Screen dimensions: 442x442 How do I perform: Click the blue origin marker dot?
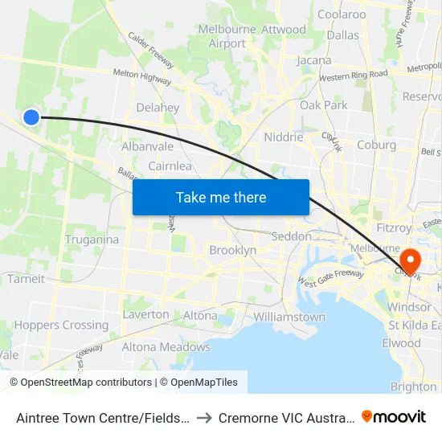click(x=31, y=117)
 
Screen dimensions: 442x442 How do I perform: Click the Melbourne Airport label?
click(x=227, y=36)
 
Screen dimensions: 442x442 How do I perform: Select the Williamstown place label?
click(x=289, y=317)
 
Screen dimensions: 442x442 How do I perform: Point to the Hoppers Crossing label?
click(x=61, y=325)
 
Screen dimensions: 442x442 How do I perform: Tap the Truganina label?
click(x=92, y=239)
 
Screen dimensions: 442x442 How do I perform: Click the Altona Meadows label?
click(x=166, y=347)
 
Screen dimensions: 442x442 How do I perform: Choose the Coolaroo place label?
click(x=342, y=14)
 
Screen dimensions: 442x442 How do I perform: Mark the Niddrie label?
click(x=284, y=137)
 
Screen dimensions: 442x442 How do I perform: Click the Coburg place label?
click(x=376, y=145)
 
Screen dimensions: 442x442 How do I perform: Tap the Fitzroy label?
click(x=394, y=228)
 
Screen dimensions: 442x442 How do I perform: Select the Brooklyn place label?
click(x=232, y=250)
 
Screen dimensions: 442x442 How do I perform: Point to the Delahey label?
click(x=158, y=107)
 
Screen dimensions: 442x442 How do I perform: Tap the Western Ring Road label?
click(x=353, y=76)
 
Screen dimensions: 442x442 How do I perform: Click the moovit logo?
click(x=394, y=416)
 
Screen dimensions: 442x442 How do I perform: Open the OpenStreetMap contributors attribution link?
click(x=81, y=383)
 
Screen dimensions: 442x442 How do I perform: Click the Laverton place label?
click(x=145, y=314)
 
